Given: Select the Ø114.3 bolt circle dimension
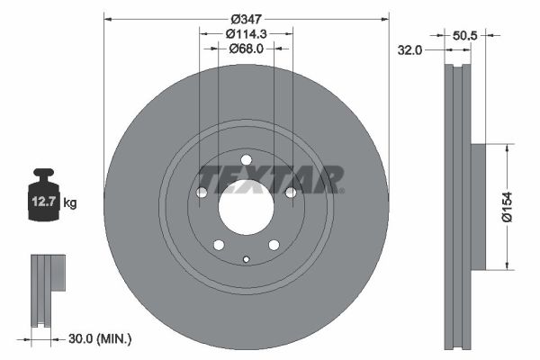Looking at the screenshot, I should point(246,34).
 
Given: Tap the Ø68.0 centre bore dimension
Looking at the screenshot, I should point(246,49).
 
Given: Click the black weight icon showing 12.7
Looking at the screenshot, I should point(44,193).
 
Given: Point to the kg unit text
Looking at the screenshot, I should point(70,203).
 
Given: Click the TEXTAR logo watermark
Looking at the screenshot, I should point(270,178).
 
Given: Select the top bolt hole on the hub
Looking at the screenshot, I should point(246,161).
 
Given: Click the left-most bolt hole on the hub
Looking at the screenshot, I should point(202,193).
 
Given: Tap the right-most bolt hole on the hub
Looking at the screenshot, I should point(290,193).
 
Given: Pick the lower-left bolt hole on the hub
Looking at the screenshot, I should point(219,245).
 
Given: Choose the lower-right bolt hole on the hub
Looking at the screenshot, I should point(274,245).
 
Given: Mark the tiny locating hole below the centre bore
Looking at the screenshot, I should point(246,260).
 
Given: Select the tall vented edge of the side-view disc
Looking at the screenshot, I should point(458,206).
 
